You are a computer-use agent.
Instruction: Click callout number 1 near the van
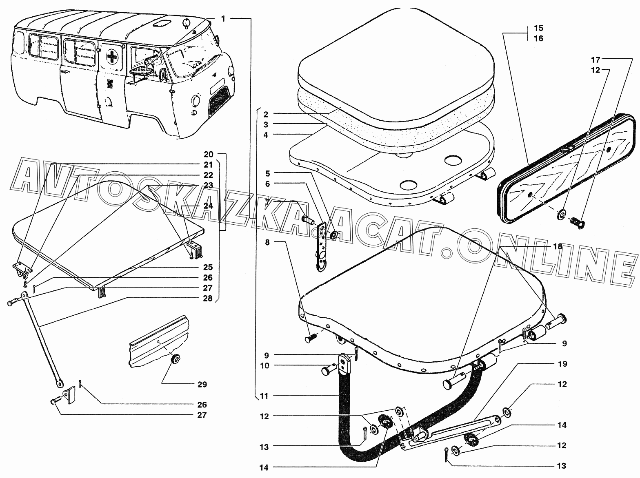pyautogui.click(x=223, y=19)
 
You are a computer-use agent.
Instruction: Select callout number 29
pyautogui.click(x=202, y=384)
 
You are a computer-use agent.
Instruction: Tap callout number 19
pyautogui.click(x=562, y=364)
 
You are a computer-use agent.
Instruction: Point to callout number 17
pyautogui.click(x=596, y=59)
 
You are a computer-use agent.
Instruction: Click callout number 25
pyautogui.click(x=208, y=267)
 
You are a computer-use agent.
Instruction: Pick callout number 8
pyautogui.click(x=267, y=242)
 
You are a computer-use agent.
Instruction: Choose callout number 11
pyautogui.click(x=265, y=396)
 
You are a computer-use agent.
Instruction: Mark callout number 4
pyautogui.click(x=265, y=135)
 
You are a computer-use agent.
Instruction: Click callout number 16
pyautogui.click(x=538, y=38)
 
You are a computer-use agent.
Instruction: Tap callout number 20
pyautogui.click(x=208, y=155)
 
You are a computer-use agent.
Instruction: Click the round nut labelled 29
pyautogui.click(x=176, y=358)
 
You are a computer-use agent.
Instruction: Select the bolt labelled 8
pyautogui.click(x=311, y=338)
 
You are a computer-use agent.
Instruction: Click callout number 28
pyautogui.click(x=208, y=299)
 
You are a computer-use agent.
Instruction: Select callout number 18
pyautogui.click(x=558, y=246)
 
